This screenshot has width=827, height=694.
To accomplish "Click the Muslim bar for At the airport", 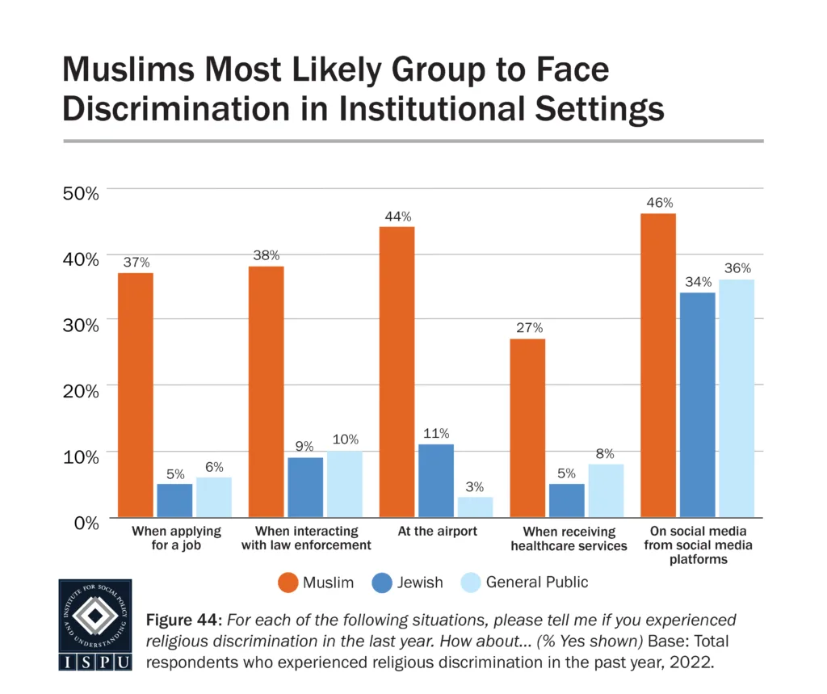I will coord(397,372).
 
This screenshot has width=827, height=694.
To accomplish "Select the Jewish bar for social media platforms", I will coord(697,404).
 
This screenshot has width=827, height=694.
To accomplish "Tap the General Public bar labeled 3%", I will coord(475,507).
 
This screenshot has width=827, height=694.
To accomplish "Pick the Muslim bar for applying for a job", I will coord(135,395).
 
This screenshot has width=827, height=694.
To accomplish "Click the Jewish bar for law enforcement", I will coord(305,487).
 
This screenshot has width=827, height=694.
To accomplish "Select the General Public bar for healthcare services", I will coord(606,490).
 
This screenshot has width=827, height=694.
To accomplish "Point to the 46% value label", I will coord(658,203).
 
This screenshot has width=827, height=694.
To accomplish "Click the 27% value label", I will coord(527,328).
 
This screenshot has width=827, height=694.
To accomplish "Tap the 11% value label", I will coord(436,434).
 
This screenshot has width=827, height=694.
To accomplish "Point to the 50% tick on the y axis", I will coord(81,193).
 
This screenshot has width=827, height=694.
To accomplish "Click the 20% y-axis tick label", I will coord(81,390).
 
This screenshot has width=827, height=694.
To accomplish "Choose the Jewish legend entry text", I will coord(419,582).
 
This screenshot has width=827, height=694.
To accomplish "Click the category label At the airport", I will coord(437,532).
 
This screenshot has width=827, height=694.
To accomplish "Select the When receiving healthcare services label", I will coord(569,539).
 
